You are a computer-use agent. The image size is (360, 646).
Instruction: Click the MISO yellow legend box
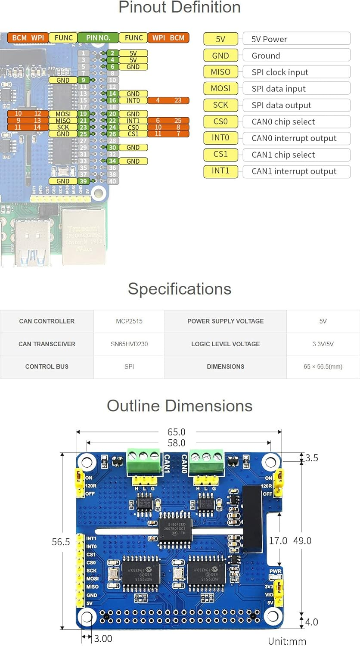coord(220,72)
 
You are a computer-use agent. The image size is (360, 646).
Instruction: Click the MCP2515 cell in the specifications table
coord(129,321)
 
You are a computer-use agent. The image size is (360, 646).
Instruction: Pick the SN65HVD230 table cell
coord(129,344)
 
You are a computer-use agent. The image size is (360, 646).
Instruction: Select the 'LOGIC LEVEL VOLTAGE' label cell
coord(225,344)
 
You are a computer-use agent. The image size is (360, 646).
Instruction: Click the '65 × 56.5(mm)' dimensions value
coord(323,366)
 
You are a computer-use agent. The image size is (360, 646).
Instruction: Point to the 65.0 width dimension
coord(177,432)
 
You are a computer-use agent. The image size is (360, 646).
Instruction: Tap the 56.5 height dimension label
coord(61,542)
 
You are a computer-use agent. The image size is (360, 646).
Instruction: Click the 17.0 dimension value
coord(278,540)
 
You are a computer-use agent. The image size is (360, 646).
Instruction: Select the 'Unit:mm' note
coord(287,641)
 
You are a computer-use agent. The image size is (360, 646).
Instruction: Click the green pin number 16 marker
coord(112,100)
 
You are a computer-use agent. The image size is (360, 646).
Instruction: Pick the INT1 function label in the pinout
coord(133,121)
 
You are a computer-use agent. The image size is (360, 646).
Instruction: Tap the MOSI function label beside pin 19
coord(63,114)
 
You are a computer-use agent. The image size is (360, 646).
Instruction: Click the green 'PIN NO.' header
coord(98,38)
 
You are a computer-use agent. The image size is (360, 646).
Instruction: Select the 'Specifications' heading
coord(180,289)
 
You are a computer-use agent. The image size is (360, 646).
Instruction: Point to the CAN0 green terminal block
coord(207,461)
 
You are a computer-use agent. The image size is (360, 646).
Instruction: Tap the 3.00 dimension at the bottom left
coord(103,639)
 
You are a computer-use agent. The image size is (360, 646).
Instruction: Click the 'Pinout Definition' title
coord(180,7)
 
